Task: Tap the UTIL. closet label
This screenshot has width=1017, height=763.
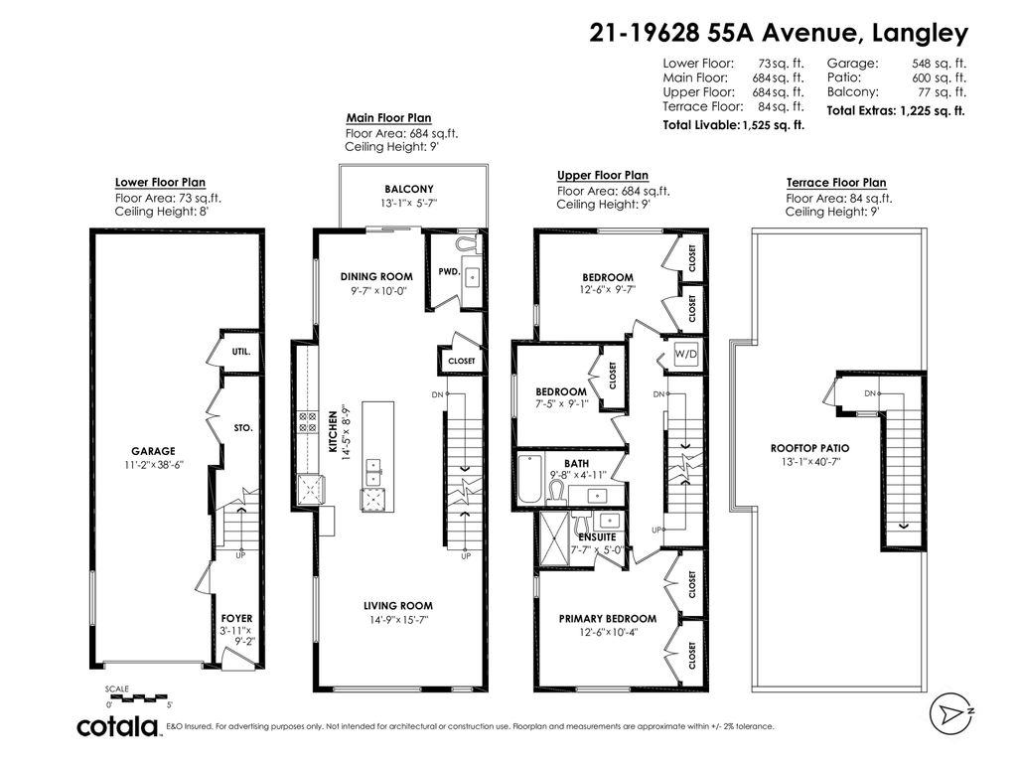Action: (241, 352)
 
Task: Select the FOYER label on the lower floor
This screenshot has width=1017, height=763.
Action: (236, 618)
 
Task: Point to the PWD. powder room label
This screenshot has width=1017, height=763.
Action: (448, 270)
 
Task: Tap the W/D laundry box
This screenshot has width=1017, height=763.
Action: (685, 355)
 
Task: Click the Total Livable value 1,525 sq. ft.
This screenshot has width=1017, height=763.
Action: (773, 126)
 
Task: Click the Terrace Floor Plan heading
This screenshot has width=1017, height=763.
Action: (836, 183)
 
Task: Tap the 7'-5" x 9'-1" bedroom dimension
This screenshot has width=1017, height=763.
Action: (562, 404)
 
